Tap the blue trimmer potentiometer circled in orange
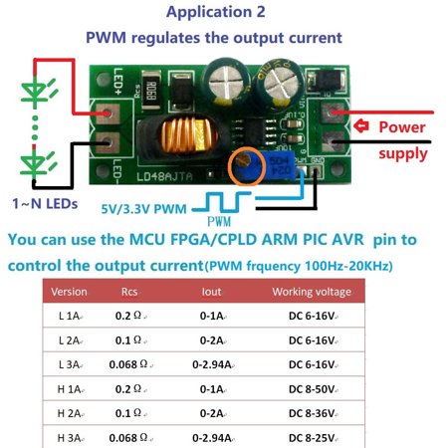click(x=243, y=165)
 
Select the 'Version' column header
click(x=69, y=292)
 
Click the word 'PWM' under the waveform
click(x=219, y=220)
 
